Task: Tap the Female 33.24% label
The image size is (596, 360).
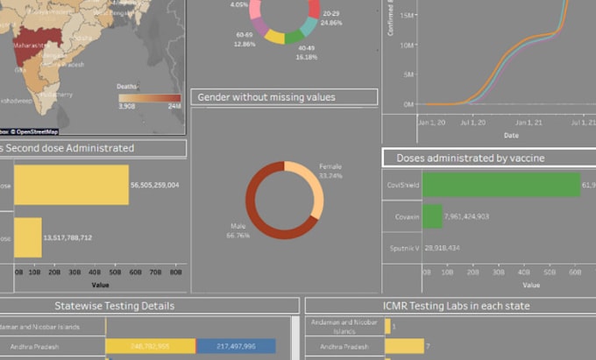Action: tap(330, 171)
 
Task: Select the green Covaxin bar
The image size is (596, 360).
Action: tap(432, 216)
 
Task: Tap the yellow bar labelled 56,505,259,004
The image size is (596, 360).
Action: tap(71, 185)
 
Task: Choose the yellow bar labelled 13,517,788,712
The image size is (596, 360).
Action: tap(27, 237)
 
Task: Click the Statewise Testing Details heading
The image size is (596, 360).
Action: tap(114, 306)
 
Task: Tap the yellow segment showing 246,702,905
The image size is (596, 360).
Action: tap(150, 347)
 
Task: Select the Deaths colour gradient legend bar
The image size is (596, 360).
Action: tap(150, 97)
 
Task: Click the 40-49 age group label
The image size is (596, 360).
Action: tap(306, 46)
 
